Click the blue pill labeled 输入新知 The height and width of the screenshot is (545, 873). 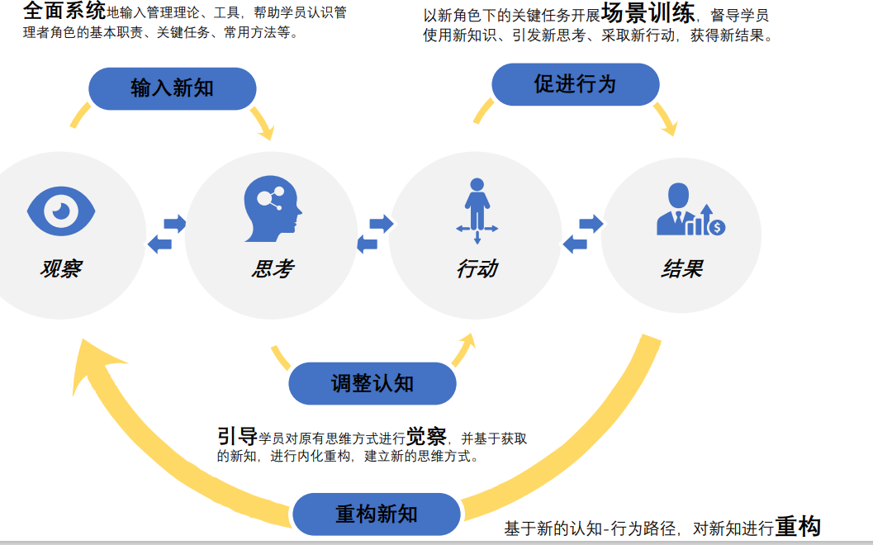172,88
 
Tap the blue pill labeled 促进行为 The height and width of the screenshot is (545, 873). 575,84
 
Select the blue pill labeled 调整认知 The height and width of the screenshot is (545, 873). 372,383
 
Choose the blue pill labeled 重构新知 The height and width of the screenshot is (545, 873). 376,514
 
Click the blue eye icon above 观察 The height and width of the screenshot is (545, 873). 61,211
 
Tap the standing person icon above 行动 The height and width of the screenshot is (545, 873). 477,210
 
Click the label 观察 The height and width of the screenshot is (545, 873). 61,268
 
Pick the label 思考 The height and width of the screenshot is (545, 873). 272,268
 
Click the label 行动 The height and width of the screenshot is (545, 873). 477,268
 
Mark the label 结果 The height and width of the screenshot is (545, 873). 682,268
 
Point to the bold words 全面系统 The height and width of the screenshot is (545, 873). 64,11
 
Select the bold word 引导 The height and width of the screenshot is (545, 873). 237,436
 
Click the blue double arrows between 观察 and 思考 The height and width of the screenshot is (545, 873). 166,233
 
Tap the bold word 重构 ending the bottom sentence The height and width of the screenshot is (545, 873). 798,527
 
